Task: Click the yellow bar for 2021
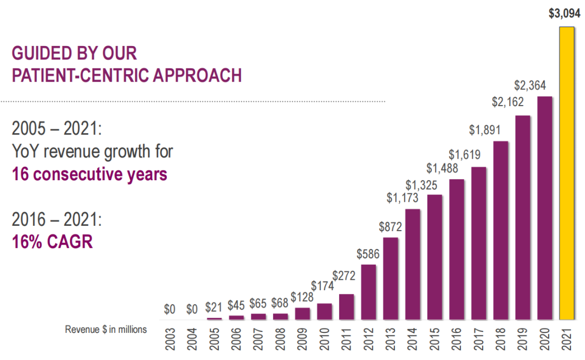pyautogui.click(x=567, y=173)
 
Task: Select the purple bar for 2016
pyautogui.click(x=457, y=249)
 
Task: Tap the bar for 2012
pyautogui.click(x=368, y=292)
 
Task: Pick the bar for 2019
pyautogui.click(x=523, y=217)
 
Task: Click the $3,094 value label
pyautogui.click(x=564, y=15)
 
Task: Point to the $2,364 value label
pyautogui.click(x=530, y=85)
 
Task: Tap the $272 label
pyautogui.click(x=344, y=276)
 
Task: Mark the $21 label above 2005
pyautogui.click(x=214, y=308)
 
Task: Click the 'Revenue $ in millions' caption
pyautogui.click(x=106, y=329)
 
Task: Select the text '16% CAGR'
pyautogui.click(x=53, y=241)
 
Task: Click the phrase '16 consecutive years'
pyautogui.click(x=89, y=175)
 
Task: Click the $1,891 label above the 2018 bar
pyautogui.click(x=485, y=130)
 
